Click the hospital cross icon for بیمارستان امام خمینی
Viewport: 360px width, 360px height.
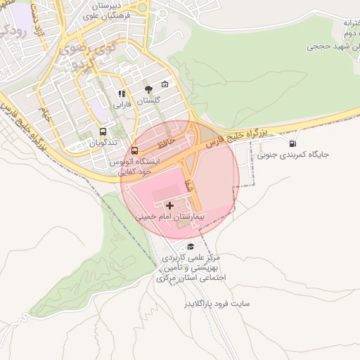171,205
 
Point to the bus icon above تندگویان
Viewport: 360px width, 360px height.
103,132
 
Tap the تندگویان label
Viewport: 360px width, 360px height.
103,143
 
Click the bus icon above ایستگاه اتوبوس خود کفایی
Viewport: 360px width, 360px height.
134,150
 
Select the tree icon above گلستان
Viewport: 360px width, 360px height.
148,89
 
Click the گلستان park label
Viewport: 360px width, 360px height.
148,100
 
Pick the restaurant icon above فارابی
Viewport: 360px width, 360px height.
122,93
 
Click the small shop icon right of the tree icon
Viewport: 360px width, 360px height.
165,84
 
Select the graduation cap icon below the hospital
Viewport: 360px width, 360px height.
191,246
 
